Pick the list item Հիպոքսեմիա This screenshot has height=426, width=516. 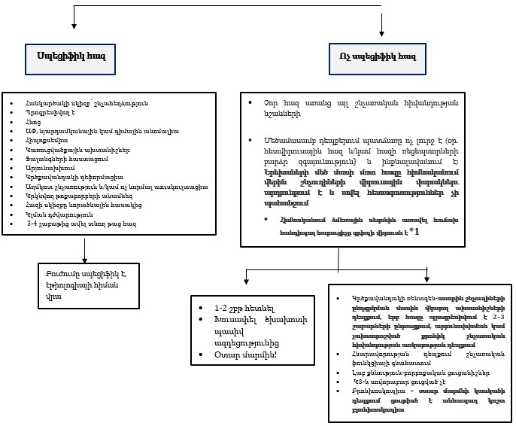click(x=46, y=141)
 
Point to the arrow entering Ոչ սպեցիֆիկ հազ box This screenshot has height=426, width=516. click(x=383, y=30)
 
